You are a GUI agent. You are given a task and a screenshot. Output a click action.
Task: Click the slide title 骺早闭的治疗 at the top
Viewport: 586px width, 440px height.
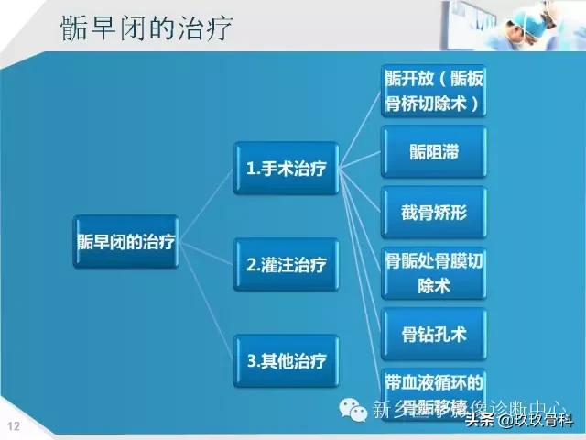coord(146,27)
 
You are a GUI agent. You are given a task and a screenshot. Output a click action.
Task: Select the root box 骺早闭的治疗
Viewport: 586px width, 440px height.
coord(125,242)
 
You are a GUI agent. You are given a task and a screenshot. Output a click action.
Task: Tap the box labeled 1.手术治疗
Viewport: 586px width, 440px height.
coord(286,168)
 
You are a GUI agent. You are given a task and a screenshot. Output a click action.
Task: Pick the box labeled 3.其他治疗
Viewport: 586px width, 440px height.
coord(286,358)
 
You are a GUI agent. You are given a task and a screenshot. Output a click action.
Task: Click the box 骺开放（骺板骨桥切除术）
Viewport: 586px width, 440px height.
coord(433,91)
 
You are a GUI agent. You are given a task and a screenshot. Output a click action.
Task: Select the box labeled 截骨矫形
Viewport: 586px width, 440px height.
coord(433,213)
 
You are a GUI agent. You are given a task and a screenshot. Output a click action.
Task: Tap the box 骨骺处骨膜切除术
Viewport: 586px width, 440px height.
coord(433,274)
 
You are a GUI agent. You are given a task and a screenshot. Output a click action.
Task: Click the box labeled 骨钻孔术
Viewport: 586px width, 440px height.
coord(433,335)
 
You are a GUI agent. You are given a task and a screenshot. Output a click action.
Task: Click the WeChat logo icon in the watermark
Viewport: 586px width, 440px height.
coord(352,408)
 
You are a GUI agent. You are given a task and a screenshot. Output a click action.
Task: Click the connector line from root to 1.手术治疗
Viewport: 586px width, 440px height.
coord(206,203)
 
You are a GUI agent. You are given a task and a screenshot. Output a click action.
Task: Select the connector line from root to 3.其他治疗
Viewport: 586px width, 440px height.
coord(206,302)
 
